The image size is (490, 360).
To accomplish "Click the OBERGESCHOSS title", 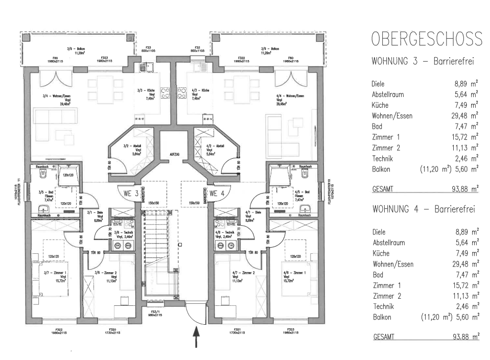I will (x=427, y=39).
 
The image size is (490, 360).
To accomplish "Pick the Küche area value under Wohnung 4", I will (x=467, y=253).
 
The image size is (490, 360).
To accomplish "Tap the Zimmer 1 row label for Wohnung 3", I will (x=386, y=137).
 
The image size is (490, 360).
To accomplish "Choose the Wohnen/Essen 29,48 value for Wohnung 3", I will (x=467, y=115).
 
